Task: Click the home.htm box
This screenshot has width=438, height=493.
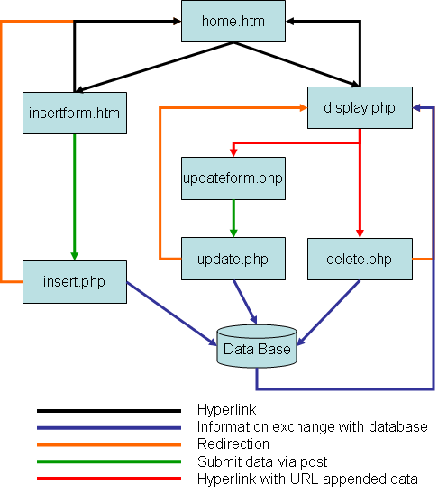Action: pos(233,21)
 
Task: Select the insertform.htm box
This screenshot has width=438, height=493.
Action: pos(75,113)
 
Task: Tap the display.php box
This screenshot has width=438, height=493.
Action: pos(360,107)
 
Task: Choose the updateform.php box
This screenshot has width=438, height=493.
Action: pos(233,178)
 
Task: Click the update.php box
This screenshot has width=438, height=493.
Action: pos(233,259)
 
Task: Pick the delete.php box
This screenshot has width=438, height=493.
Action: pos(360,259)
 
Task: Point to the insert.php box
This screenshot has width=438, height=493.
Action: pos(75,282)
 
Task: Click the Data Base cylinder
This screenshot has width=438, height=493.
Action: pos(257,346)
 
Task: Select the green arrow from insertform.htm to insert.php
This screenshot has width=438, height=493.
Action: pos(75,197)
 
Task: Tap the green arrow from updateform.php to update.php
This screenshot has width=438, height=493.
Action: pos(233,218)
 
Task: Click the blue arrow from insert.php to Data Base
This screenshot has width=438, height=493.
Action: pos(171,314)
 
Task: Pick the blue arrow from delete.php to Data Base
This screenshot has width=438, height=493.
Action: pos(328,313)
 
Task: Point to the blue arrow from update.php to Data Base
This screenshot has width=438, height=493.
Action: pos(245,302)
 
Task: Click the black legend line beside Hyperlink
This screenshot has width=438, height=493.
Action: pos(109,411)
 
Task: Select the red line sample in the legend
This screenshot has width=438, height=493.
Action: pos(109,479)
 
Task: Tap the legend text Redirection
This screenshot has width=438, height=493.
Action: pos(233,444)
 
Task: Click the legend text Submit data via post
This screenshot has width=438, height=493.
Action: pos(262,461)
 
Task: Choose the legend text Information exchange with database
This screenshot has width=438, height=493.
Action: pos(312,426)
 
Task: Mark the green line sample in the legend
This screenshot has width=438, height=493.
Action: pos(109,461)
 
